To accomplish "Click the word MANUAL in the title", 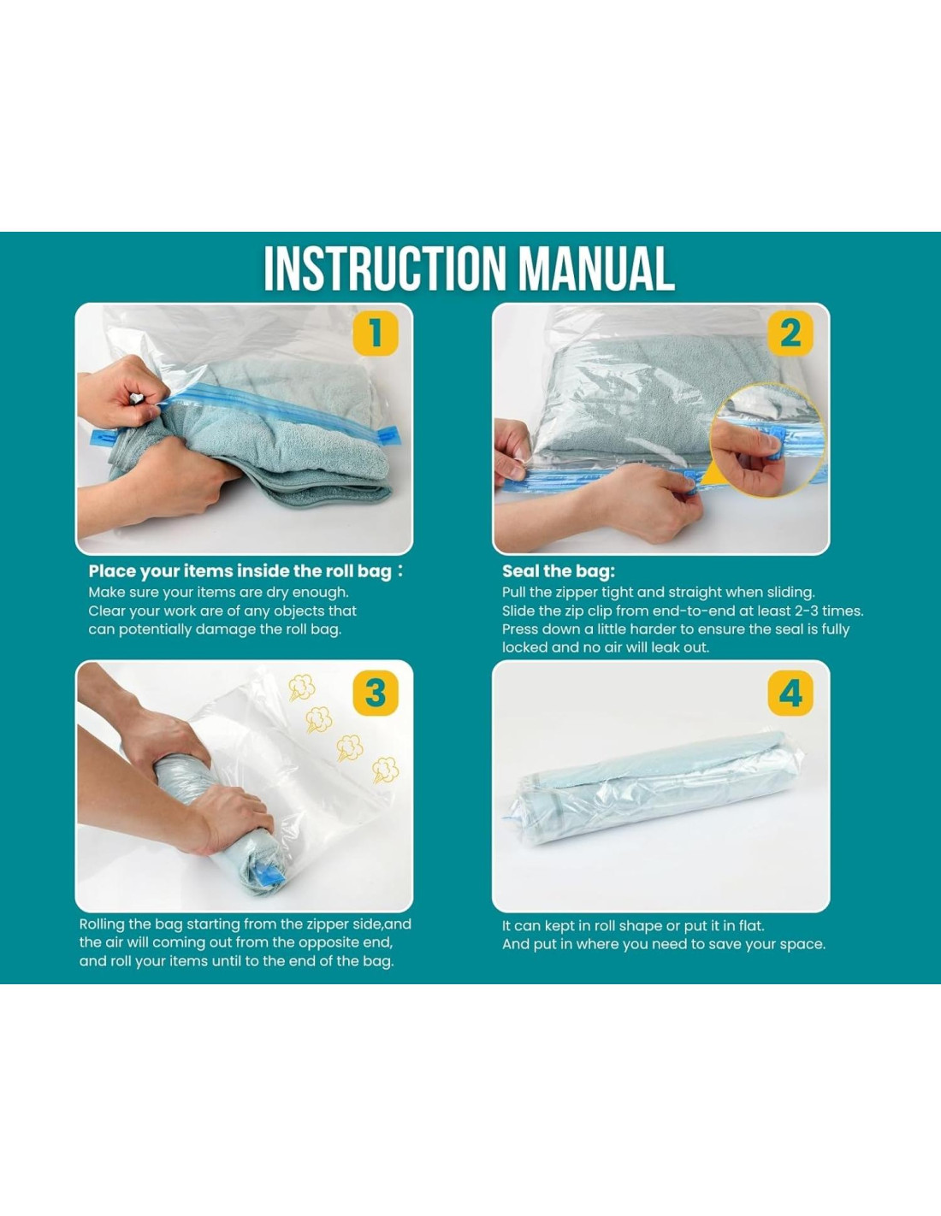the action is tap(597, 268).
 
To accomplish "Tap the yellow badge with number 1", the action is tap(375, 333).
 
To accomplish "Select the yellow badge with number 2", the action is tap(790, 333).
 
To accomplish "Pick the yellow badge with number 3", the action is tap(375, 693).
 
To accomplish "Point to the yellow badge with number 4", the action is tap(790, 693).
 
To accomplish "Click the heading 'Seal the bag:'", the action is tap(558, 571).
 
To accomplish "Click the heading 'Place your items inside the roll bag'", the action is tap(240, 571).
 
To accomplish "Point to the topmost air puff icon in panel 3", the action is tap(302, 688).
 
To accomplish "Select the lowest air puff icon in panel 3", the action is tap(385, 770).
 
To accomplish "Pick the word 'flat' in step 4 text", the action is tap(751, 926).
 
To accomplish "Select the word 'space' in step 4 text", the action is tap(803, 945).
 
